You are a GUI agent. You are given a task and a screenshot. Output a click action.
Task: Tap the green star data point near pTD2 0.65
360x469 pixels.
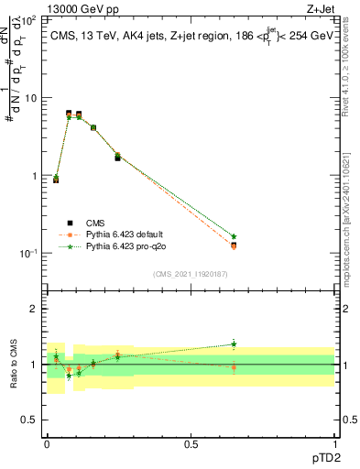(234, 236)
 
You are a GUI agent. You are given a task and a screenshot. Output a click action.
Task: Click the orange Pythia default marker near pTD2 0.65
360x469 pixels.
(234, 246)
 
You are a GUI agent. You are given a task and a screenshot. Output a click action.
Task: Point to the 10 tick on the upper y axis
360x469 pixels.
(33, 97)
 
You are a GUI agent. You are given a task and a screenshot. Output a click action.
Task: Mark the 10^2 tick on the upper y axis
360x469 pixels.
(31, 19)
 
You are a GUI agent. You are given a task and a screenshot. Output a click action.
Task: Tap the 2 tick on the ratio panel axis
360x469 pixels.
(37, 310)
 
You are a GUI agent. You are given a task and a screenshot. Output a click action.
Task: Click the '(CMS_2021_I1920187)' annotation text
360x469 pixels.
(190, 273)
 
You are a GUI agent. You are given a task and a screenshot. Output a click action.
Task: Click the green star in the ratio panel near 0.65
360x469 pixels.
(234, 344)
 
